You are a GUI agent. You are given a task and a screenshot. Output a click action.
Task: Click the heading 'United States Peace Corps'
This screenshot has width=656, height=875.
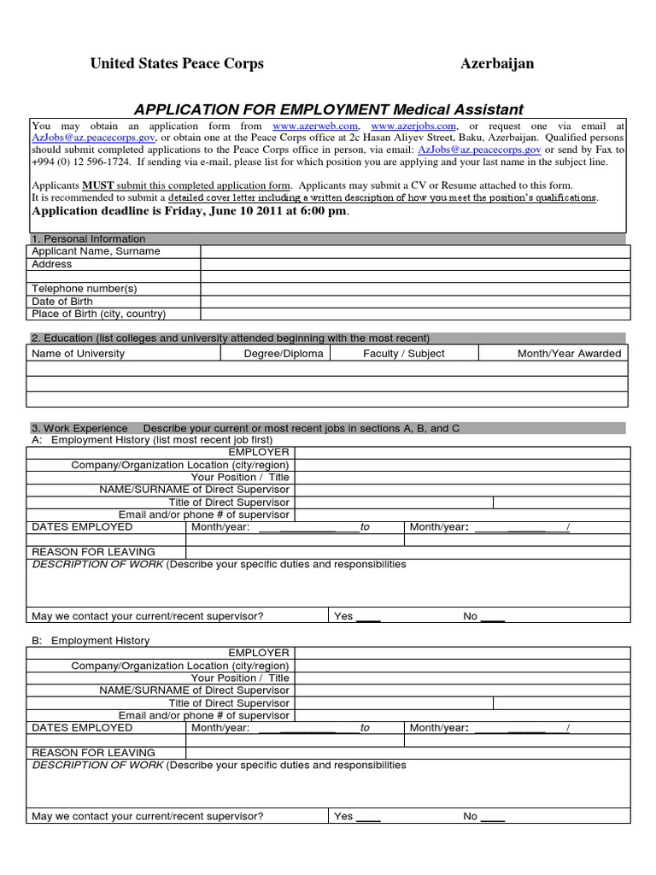point(177,64)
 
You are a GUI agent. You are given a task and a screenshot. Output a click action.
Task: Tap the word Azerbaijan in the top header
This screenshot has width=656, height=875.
point(497,64)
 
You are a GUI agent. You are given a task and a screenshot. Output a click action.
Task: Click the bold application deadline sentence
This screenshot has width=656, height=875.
point(190,211)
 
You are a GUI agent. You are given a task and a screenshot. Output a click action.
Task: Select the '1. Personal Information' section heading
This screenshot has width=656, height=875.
point(88,239)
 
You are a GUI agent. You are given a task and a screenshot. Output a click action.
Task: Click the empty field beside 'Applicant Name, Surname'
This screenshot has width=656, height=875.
point(415,251)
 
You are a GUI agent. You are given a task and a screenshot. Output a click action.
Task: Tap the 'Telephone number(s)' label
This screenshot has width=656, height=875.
point(84,289)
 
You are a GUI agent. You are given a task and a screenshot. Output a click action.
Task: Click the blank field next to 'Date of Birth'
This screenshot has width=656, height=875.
point(415,302)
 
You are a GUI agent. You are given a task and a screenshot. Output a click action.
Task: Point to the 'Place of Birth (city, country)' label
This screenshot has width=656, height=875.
point(98,314)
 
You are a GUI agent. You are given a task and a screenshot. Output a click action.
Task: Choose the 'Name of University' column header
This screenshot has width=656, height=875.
point(78,353)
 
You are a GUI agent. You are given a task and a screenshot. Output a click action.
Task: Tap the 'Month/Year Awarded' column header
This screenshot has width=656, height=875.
point(569,353)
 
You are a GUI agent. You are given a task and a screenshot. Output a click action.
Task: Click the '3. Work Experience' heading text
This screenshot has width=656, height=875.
point(79,428)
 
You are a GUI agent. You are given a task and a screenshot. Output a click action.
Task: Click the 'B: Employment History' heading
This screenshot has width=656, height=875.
point(91,640)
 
